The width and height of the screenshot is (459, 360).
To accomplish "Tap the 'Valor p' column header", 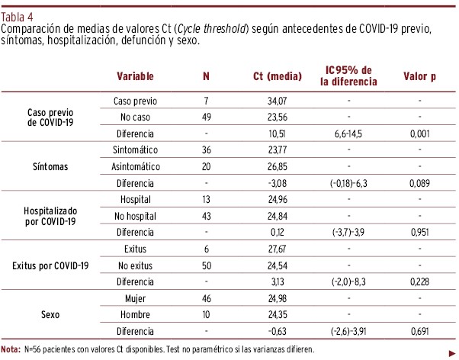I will point(419,76).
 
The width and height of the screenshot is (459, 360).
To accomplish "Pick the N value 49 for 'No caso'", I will point(206,117).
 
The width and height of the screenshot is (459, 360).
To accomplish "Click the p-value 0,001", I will point(419,133).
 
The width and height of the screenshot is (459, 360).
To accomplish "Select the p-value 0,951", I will point(419,233).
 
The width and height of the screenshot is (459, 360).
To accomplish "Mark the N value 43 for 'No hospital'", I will point(206,216).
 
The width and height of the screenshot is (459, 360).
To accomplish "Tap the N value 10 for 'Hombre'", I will point(206,315).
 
